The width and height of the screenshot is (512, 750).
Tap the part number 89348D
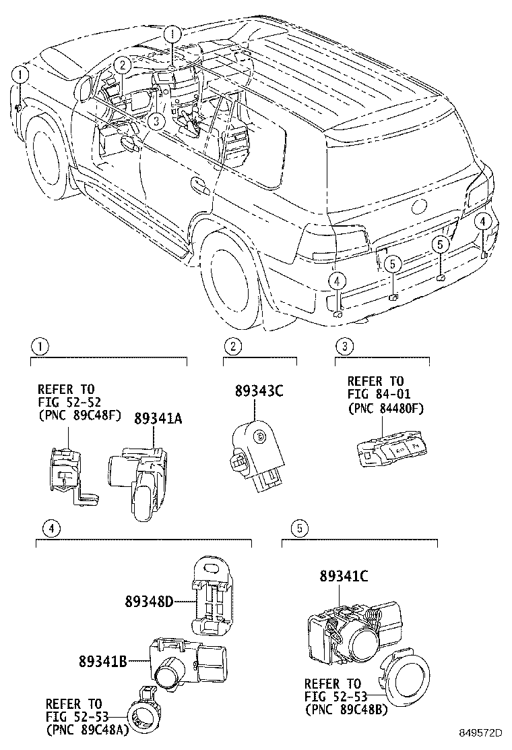coord(149,600)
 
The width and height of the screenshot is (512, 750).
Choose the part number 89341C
coord(344,576)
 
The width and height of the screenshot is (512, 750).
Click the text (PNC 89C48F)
coord(79,414)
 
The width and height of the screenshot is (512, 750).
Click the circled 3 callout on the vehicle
coord(156,121)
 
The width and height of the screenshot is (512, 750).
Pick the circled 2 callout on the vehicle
coord(121,65)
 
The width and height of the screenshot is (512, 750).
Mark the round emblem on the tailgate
coord(418,205)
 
